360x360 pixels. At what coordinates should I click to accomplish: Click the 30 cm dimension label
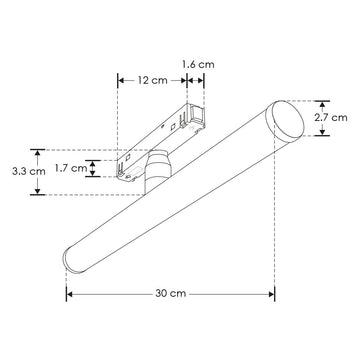171,295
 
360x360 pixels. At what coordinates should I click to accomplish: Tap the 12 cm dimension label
152,79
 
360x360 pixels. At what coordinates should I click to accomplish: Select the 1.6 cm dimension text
199,64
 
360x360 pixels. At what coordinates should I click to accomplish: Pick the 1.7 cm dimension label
67,169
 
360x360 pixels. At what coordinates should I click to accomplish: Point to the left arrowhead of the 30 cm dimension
69,295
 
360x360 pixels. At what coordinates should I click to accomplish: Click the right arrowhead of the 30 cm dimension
273,295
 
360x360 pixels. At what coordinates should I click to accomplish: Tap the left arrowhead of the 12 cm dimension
120,79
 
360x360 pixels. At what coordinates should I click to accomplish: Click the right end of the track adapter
203,112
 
